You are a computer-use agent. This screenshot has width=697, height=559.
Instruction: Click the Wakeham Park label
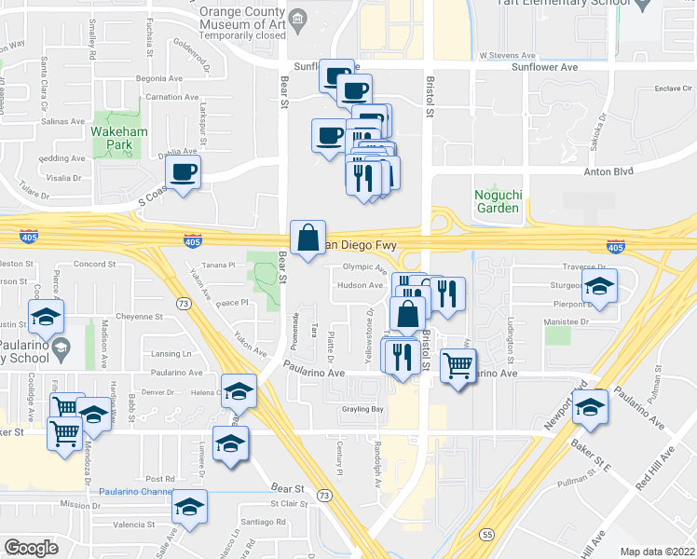pos(115,139)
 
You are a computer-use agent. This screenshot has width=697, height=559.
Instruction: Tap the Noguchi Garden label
pos(497,201)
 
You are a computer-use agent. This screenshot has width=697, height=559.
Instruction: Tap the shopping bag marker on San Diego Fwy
pos(307,239)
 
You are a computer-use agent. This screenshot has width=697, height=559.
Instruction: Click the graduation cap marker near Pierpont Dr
pos(600,289)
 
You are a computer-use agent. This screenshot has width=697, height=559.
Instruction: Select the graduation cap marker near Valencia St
pos(190,508)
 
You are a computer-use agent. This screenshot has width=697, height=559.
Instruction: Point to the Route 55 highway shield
pos(488,535)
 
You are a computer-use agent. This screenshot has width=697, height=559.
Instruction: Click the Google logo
pos(32,548)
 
